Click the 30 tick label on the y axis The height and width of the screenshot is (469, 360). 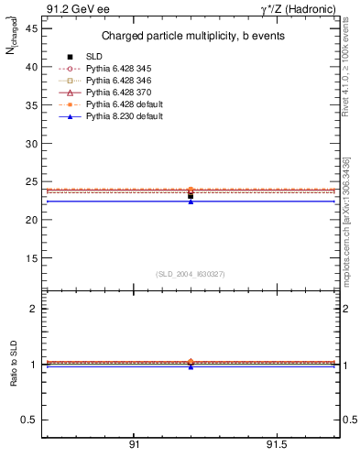point(30,143)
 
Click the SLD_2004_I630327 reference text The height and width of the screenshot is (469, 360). point(190,274)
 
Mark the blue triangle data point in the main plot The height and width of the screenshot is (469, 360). point(191,201)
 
